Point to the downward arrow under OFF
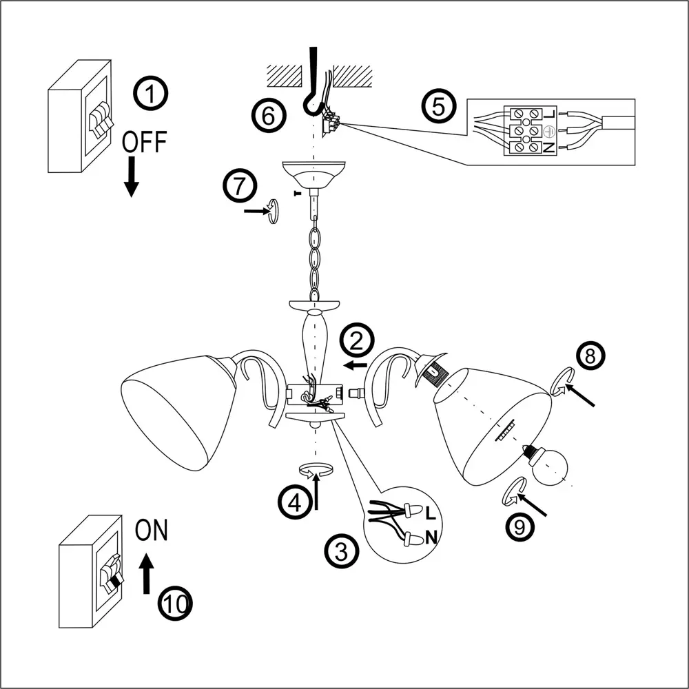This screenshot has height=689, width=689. [x=131, y=178]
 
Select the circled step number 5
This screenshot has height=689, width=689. [x=440, y=106]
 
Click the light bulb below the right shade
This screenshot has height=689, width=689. [x=549, y=464]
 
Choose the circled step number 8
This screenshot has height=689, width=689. [x=589, y=356]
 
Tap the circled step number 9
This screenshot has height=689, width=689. [x=520, y=526]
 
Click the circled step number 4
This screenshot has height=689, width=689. [x=294, y=502]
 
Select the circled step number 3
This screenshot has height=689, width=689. [x=341, y=550]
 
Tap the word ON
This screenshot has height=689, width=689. [x=151, y=531]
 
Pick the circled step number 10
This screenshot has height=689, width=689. [x=175, y=604]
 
